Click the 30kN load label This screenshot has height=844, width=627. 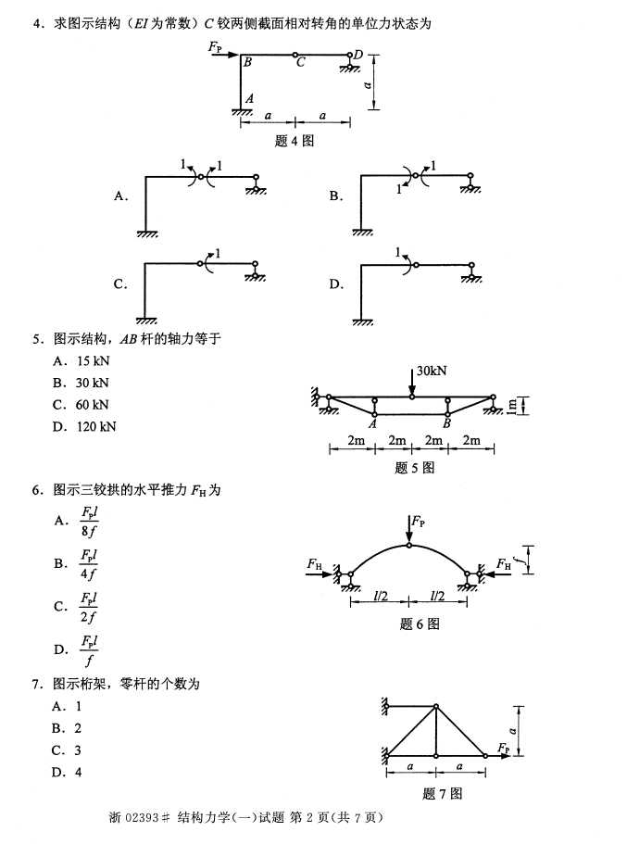pyautogui.click(x=431, y=371)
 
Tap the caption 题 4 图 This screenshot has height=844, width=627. pyautogui.click(x=295, y=141)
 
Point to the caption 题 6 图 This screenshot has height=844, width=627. pyautogui.click(x=420, y=624)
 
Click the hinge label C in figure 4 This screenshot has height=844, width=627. pyautogui.click(x=299, y=63)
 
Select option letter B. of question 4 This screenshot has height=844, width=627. pyautogui.click(x=336, y=196)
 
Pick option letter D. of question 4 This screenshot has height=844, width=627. pyautogui.click(x=336, y=284)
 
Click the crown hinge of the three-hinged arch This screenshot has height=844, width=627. pyautogui.click(x=409, y=547)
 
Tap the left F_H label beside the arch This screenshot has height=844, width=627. pyautogui.click(x=316, y=563)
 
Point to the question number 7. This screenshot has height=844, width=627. pyautogui.click(x=37, y=685)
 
